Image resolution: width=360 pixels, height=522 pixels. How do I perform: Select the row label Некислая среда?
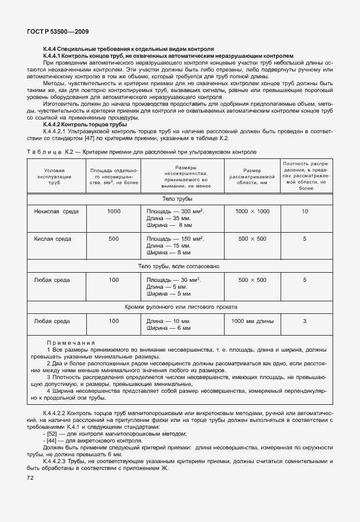[57, 212]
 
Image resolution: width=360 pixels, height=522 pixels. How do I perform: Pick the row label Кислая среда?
[56, 238]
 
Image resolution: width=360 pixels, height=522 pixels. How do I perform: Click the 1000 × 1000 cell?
[252, 212]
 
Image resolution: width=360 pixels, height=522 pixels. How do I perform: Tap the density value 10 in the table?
[305, 212]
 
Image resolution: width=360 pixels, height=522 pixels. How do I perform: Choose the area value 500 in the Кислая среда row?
[114, 238]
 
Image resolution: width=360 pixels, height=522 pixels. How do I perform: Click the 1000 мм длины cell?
[252, 321]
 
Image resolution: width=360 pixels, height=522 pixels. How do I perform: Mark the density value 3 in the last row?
[305, 321]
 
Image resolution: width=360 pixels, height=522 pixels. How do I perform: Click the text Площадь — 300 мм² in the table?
[175, 212]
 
